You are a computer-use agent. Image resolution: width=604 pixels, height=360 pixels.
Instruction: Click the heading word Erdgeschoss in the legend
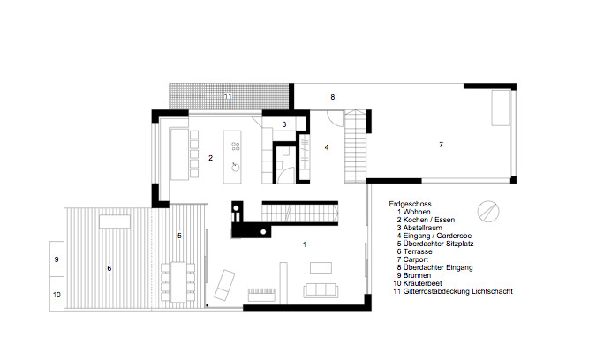tap(408, 203)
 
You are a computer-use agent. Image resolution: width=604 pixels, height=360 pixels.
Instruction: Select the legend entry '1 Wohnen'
tap(414, 212)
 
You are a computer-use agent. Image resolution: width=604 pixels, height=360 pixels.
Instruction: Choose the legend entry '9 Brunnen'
tap(416, 274)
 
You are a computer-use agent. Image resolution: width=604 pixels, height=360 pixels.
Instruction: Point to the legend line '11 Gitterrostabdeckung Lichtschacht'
tap(453, 290)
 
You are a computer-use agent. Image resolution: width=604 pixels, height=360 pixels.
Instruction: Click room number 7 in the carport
tap(440, 144)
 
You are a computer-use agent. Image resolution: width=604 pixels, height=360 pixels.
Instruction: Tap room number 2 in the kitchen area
tap(210, 158)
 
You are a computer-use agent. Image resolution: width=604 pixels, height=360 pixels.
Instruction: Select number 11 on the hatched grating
tap(227, 94)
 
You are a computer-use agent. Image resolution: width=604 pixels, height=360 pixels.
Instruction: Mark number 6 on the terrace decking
tap(109, 267)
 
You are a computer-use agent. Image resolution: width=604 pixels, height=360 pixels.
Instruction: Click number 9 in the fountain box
tap(56, 260)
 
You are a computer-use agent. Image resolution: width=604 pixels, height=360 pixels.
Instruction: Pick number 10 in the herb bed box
tap(56, 295)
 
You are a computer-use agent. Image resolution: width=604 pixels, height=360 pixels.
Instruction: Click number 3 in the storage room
tap(283, 124)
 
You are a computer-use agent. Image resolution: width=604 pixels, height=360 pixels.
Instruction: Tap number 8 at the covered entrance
tap(333, 96)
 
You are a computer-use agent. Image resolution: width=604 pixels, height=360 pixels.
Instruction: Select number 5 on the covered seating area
tap(179, 236)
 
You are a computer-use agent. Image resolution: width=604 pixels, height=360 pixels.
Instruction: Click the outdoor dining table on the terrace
tap(178, 281)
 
